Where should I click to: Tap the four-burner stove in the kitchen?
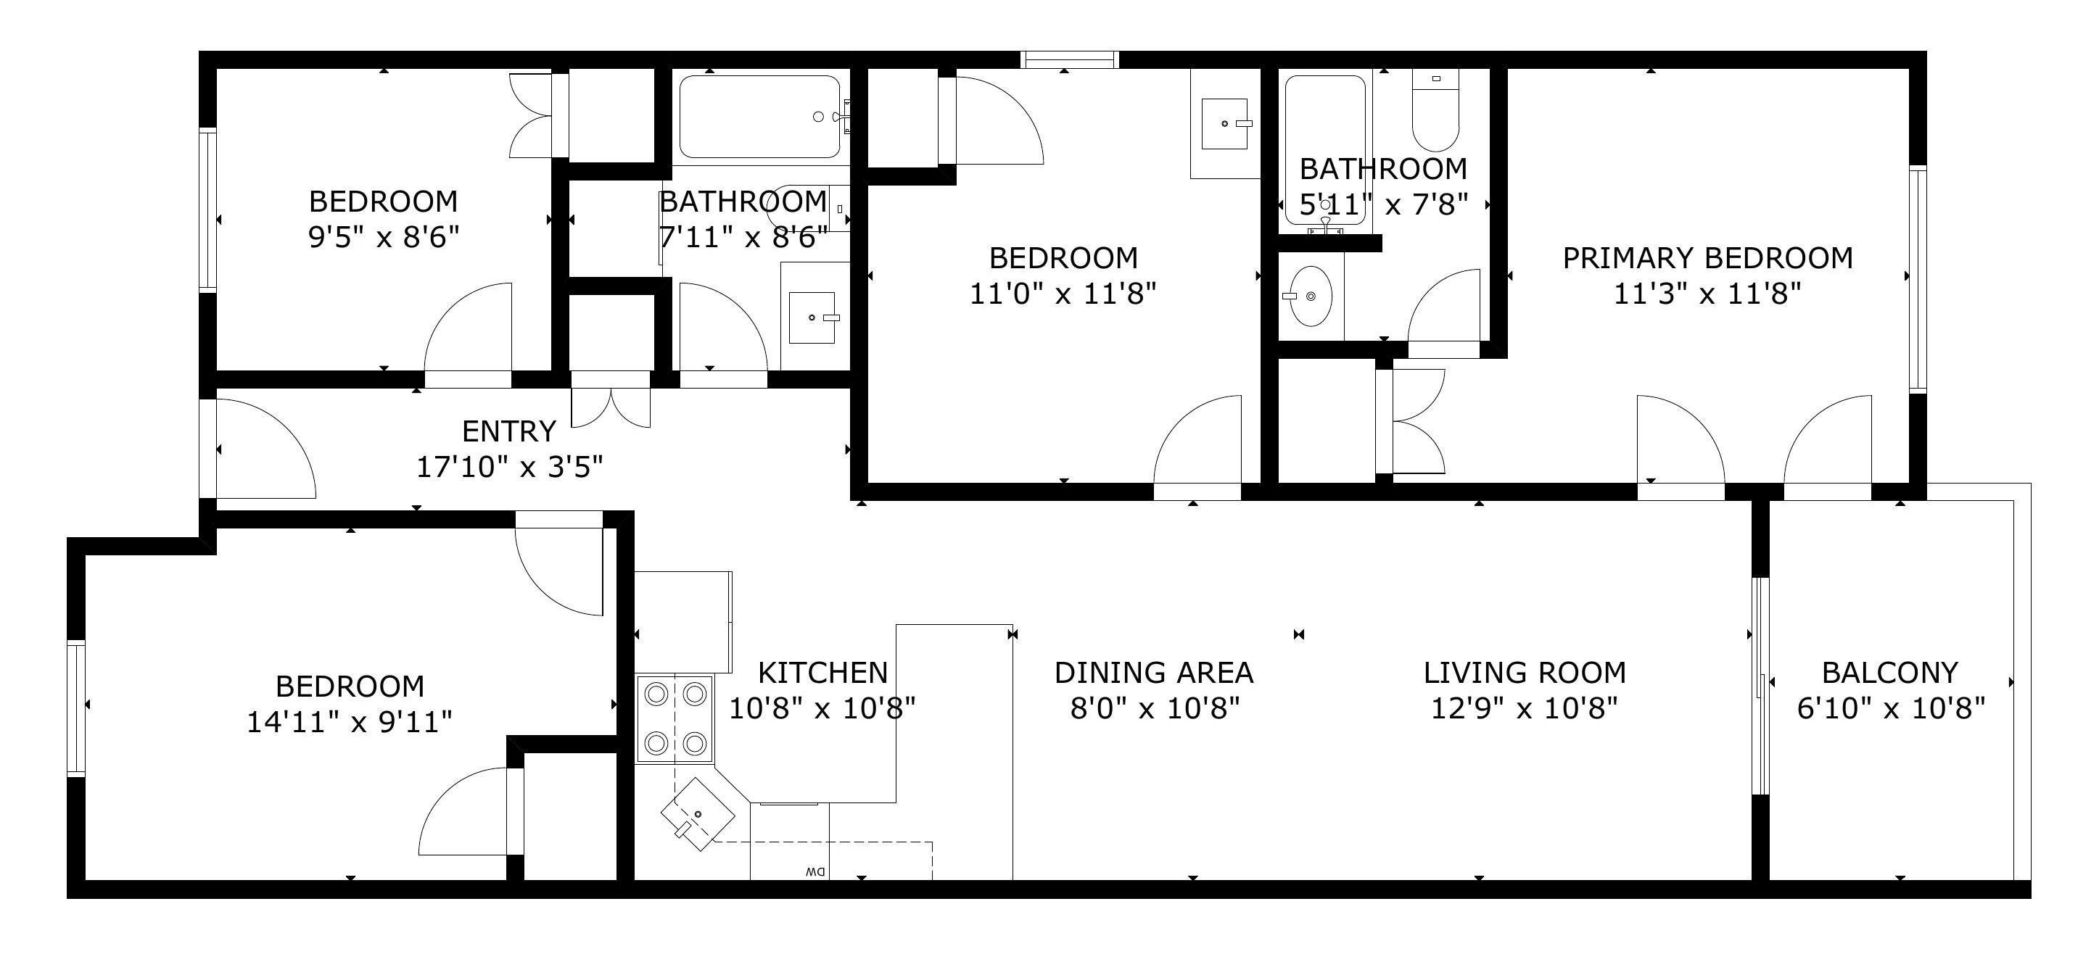point(675,718)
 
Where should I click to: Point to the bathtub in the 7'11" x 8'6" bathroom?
point(760,117)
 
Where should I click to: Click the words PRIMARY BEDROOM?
point(1708,257)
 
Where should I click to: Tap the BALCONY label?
point(1889,672)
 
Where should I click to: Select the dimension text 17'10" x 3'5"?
point(510,467)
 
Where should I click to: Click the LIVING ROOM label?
point(1525,672)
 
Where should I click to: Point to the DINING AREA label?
point(1154,672)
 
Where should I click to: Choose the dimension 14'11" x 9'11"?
point(350,721)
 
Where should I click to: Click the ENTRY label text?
point(509,430)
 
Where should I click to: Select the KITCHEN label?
point(823,672)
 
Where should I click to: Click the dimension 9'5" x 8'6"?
point(384,237)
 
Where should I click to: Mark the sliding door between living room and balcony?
point(1760,685)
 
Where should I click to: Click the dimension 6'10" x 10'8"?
point(1890,708)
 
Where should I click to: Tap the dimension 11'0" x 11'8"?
point(1063,294)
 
